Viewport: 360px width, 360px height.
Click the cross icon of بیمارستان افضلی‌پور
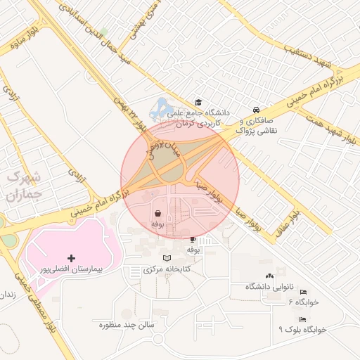coord(71,259)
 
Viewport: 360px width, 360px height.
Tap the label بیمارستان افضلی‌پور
coord(70,269)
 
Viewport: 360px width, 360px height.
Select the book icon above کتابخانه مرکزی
coord(166,259)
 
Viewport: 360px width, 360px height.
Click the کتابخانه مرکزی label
coord(168,269)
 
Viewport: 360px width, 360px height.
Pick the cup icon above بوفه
coord(193,239)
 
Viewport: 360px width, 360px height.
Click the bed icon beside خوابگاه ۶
coord(302,301)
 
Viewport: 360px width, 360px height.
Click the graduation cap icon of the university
coord(198,103)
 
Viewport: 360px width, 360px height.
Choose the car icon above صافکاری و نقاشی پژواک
coord(257,110)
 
